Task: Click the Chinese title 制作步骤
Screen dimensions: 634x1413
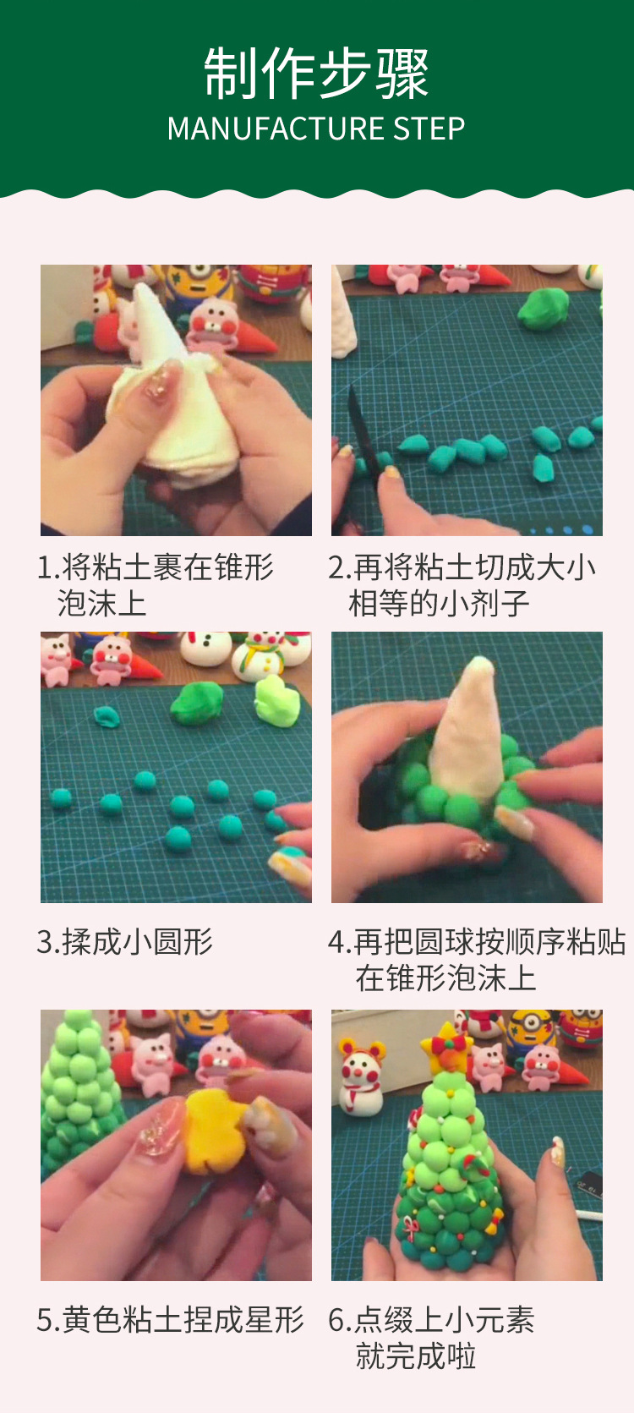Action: coord(317,73)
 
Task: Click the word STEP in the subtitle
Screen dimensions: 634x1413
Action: coord(429,129)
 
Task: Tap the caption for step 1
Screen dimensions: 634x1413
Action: coord(155,585)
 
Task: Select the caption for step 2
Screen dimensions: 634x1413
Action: coord(462,585)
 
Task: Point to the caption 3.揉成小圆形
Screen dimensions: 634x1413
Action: coord(125,942)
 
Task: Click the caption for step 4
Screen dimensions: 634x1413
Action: coord(477,960)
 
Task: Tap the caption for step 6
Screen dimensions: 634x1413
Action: coord(431,1337)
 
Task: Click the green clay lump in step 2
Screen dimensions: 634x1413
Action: coord(544,309)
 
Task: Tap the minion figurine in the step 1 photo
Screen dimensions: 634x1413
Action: coord(199,284)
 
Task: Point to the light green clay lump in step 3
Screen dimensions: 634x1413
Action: coord(276,701)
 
